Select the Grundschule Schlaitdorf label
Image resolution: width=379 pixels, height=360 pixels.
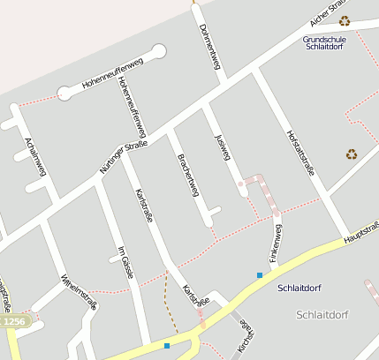[324, 43]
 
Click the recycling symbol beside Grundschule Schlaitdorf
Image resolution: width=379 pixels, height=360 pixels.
[345, 20]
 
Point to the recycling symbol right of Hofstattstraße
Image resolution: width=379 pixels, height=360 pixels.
[352, 154]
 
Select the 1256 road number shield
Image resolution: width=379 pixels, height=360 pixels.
[12, 322]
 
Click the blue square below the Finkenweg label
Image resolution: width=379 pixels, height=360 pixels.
[260, 275]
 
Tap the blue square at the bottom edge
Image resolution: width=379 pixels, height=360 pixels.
[166, 345]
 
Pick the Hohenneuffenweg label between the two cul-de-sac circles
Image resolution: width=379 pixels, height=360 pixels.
[112, 74]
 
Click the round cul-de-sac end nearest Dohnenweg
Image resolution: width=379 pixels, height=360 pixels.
[159, 51]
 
